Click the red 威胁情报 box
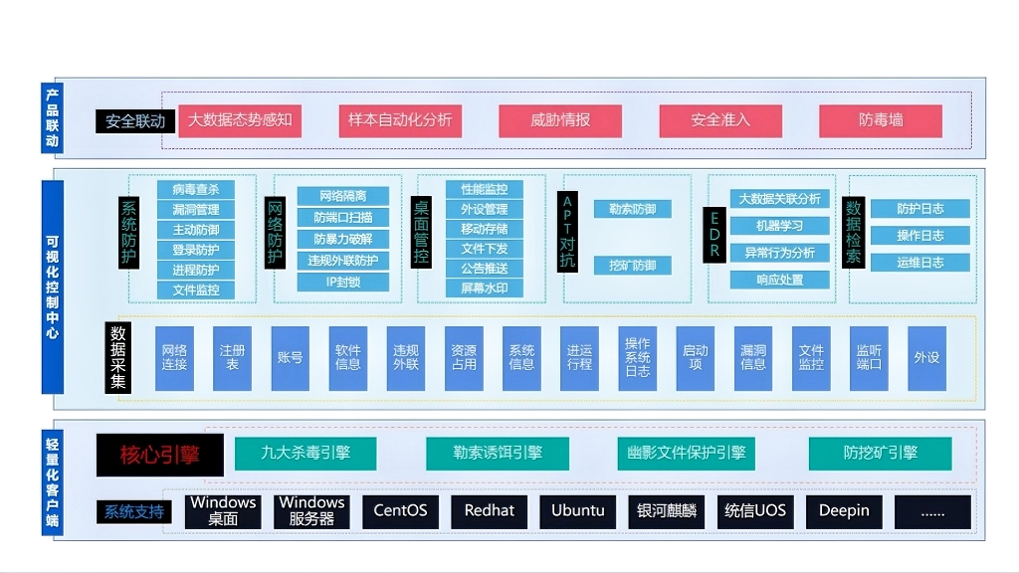[560, 120]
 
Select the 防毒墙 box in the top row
[880, 120]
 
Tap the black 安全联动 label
[135, 121]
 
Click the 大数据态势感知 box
[240, 120]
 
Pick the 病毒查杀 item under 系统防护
[196, 189]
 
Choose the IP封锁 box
[342, 282]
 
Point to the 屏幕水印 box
[485, 288]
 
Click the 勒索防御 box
[633, 209]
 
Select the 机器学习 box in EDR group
[779, 226]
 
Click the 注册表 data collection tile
[233, 357]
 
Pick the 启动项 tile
[695, 357]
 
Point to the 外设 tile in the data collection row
[926, 357]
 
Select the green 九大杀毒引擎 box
[306, 453]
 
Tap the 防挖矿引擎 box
[880, 453]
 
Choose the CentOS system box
[400, 511]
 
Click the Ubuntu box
[578, 511]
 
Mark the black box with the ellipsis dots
[932, 511]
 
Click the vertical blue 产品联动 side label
[53, 118]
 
